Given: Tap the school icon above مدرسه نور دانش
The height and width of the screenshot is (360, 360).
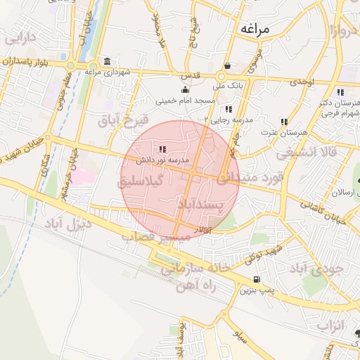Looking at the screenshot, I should (162, 149).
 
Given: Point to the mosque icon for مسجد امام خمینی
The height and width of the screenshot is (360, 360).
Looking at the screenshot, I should (184, 89).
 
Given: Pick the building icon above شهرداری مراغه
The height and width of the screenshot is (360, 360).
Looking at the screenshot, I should (106, 61).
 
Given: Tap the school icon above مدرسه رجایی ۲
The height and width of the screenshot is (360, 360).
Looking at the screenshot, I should (229, 109).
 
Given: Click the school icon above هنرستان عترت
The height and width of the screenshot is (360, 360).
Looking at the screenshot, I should (284, 122).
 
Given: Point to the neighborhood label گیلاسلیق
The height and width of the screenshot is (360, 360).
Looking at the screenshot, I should (141, 181).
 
